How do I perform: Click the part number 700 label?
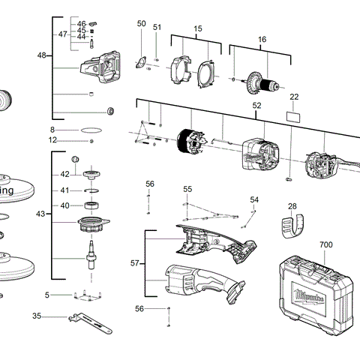(x=325, y=244)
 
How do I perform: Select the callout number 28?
(x=292, y=205)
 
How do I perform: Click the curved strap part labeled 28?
(x=293, y=224)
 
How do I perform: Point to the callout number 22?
(x=294, y=97)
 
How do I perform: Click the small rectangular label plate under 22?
(x=294, y=117)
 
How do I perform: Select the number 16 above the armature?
(x=262, y=39)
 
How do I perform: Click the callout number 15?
(x=198, y=28)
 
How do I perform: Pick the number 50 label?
(x=141, y=24)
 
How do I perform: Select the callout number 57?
(x=135, y=263)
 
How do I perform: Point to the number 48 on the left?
(x=41, y=55)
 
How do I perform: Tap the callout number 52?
(x=256, y=106)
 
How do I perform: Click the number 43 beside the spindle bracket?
(x=40, y=214)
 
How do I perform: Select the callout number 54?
(x=254, y=199)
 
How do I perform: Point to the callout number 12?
(x=52, y=139)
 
